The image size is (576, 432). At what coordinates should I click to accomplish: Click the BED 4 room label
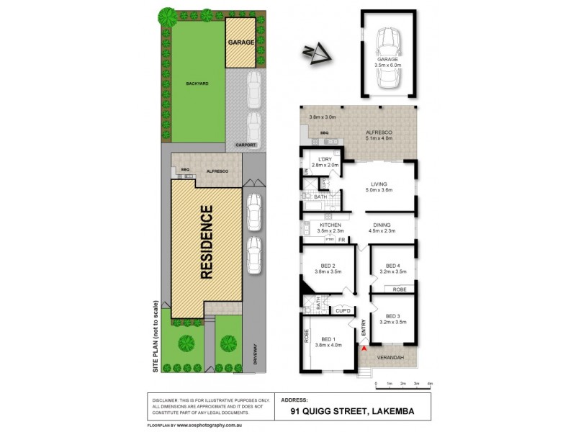(x=392, y=264)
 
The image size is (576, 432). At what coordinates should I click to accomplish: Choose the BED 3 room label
(x=392, y=316)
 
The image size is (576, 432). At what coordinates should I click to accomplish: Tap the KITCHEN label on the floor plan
(x=330, y=225)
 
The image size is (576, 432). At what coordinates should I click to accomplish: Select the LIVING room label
(x=379, y=184)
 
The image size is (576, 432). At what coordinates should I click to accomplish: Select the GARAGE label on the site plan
(x=241, y=42)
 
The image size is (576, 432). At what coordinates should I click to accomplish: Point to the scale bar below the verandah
(x=402, y=383)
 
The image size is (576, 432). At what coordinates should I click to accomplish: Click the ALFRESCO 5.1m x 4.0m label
(x=379, y=136)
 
